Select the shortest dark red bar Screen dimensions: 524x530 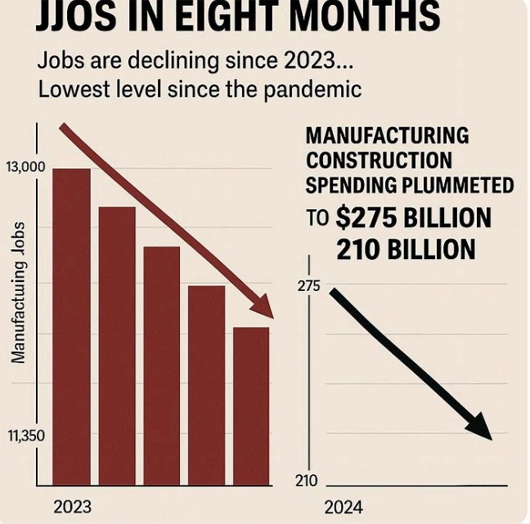pos(251,405)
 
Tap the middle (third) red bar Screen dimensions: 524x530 pos(161,365)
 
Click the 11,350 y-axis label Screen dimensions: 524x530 pos(26,436)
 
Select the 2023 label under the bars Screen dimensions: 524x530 pos(72,506)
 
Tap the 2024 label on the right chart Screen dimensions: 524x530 pos(344,506)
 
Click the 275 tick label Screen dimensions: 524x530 pos(308,287)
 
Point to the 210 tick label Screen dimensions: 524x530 pos(307,481)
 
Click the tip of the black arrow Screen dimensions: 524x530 pos(490,437)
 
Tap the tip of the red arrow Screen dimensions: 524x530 pos(272,316)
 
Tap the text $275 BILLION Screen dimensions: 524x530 pos(412,218)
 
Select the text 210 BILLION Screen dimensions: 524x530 pos(406,249)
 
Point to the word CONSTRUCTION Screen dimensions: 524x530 pos(379,159)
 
